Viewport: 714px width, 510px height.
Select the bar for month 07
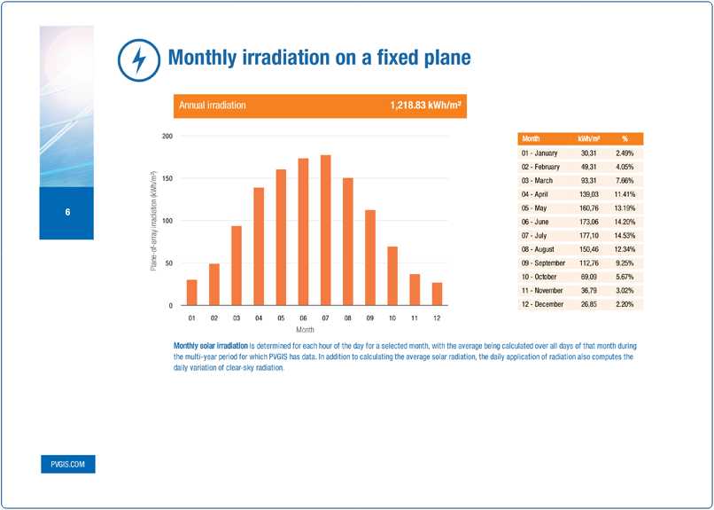coord(325,231)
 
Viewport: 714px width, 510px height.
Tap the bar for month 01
coord(191,293)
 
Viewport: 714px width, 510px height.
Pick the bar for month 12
coord(437,294)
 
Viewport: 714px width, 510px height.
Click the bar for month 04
coord(259,247)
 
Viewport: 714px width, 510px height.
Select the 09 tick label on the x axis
coord(369,317)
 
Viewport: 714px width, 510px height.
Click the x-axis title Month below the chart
coord(305,330)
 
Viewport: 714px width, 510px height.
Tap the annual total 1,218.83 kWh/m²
coord(428,106)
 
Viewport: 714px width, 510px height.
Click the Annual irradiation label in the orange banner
coord(213,106)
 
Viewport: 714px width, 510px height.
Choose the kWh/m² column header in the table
coord(589,139)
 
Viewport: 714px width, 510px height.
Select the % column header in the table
coord(625,139)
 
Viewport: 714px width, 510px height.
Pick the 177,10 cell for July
coord(589,235)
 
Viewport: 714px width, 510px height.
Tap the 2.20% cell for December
coord(625,303)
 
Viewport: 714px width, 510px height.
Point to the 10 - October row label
coord(542,276)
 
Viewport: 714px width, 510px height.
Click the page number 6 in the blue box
coord(66,213)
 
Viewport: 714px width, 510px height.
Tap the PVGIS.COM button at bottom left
coord(67,464)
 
